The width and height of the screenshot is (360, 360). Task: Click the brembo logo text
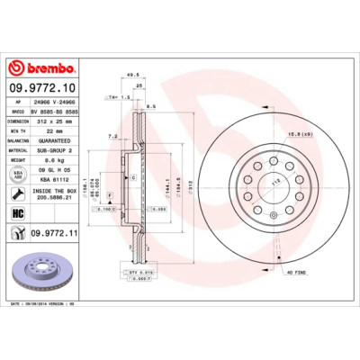[x=44, y=69]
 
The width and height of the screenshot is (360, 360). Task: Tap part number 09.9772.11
[x=57, y=234]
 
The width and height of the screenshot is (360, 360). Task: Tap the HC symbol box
[x=17, y=213]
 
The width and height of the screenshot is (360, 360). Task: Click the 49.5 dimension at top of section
[x=132, y=76]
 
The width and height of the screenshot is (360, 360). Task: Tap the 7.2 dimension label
[x=112, y=135]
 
